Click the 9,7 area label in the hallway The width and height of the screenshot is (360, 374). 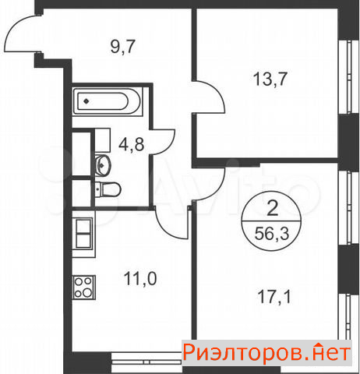(x=122, y=47)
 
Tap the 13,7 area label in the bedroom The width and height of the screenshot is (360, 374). (x=270, y=79)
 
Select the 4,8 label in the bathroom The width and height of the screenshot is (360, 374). (x=132, y=144)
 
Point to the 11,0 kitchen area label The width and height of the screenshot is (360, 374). (x=140, y=278)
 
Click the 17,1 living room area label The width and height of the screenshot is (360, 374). (x=274, y=297)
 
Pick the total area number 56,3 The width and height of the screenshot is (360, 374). (x=272, y=234)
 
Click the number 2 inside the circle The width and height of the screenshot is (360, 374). (x=272, y=208)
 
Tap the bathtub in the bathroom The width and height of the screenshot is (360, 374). (x=108, y=101)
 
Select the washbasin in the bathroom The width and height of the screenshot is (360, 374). (x=103, y=164)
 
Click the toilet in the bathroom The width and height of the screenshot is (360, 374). (x=108, y=189)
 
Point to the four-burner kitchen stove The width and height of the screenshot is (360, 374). (x=83, y=288)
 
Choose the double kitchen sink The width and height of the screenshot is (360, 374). (x=84, y=234)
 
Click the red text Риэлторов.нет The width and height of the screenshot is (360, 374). (x=266, y=353)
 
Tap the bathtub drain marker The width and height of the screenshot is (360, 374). (x=86, y=101)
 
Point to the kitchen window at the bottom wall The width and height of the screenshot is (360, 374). (x=146, y=362)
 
